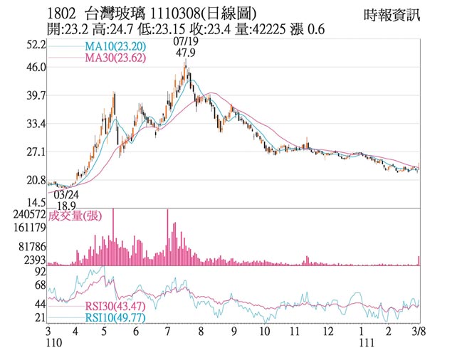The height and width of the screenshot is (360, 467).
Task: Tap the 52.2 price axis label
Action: [x=36, y=45]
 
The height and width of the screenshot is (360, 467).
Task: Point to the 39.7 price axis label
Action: [x=36, y=95]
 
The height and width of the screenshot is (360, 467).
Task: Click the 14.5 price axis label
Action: [x=36, y=203]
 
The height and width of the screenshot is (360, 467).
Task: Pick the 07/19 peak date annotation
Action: [x=184, y=42]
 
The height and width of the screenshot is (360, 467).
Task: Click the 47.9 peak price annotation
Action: [x=185, y=53]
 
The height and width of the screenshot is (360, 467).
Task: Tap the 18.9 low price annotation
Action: [x=65, y=205]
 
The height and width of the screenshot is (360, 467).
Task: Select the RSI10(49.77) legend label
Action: [x=115, y=318]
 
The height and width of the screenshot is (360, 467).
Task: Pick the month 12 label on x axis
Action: [x=327, y=332]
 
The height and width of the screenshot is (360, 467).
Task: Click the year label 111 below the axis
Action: [x=364, y=344]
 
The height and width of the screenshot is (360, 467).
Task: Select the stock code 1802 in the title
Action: [x=63, y=14]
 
